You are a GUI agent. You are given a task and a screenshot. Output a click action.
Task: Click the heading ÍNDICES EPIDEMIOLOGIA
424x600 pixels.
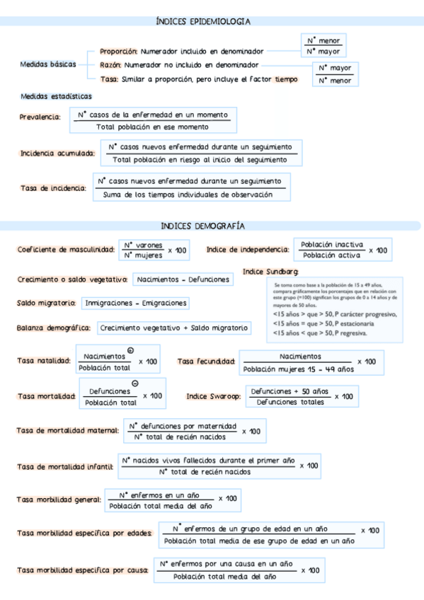click(202, 23)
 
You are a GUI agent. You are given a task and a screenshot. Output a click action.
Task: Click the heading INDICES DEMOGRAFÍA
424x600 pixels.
click(202, 226)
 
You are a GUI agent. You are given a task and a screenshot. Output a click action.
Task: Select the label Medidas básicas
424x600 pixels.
click(48, 64)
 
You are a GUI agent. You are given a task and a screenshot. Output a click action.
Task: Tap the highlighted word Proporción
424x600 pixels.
click(118, 51)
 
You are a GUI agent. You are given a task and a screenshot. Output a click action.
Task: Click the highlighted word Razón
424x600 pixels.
click(110, 64)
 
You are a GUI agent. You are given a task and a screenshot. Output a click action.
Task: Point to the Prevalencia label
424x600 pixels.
click(40, 117)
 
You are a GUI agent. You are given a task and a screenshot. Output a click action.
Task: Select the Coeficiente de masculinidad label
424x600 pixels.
click(66, 250)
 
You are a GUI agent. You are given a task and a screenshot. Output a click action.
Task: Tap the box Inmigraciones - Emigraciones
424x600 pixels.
click(136, 303)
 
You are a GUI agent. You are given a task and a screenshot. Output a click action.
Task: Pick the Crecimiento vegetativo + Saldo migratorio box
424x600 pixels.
click(173, 328)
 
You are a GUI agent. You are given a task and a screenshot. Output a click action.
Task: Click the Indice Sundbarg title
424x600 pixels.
click(270, 272)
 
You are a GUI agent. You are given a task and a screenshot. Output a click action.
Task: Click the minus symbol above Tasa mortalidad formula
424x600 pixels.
click(134, 383)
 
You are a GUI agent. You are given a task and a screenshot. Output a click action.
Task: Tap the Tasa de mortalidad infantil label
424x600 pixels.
click(64, 467)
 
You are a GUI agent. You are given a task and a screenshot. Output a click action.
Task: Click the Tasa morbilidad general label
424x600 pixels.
click(59, 500)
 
